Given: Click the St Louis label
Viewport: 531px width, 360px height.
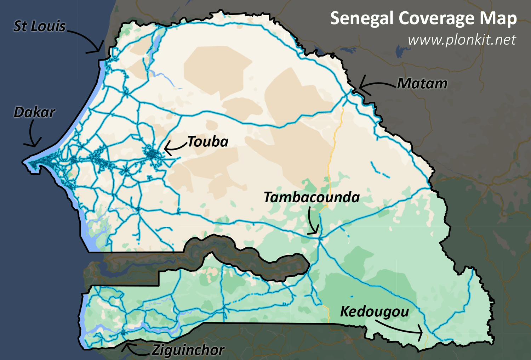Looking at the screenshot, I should [x=39, y=26].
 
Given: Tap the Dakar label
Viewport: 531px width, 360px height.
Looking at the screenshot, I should [x=34, y=112].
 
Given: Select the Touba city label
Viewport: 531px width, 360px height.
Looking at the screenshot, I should [x=208, y=142].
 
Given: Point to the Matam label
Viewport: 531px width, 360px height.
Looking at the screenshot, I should [x=422, y=84].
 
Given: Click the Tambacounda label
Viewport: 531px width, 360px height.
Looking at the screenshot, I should [x=312, y=197].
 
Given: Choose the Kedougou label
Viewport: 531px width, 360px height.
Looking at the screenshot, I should [x=375, y=312].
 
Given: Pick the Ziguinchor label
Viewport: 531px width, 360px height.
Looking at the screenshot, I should [x=188, y=350].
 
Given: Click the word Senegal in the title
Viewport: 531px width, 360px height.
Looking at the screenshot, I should [x=362, y=18].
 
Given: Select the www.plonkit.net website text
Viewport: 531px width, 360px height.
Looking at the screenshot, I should [x=462, y=40].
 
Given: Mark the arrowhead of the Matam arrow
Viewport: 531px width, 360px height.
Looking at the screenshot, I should [x=360, y=87].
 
